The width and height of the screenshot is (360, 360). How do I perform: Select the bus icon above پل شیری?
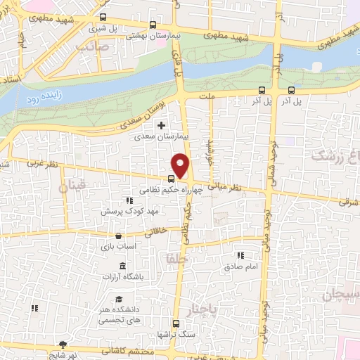pos(103,18)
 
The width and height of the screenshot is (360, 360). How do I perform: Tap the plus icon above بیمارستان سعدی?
pos(162,125)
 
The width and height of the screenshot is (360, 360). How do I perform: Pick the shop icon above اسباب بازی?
pos(117,236)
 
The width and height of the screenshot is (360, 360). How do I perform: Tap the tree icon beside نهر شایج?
pos(64,345)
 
